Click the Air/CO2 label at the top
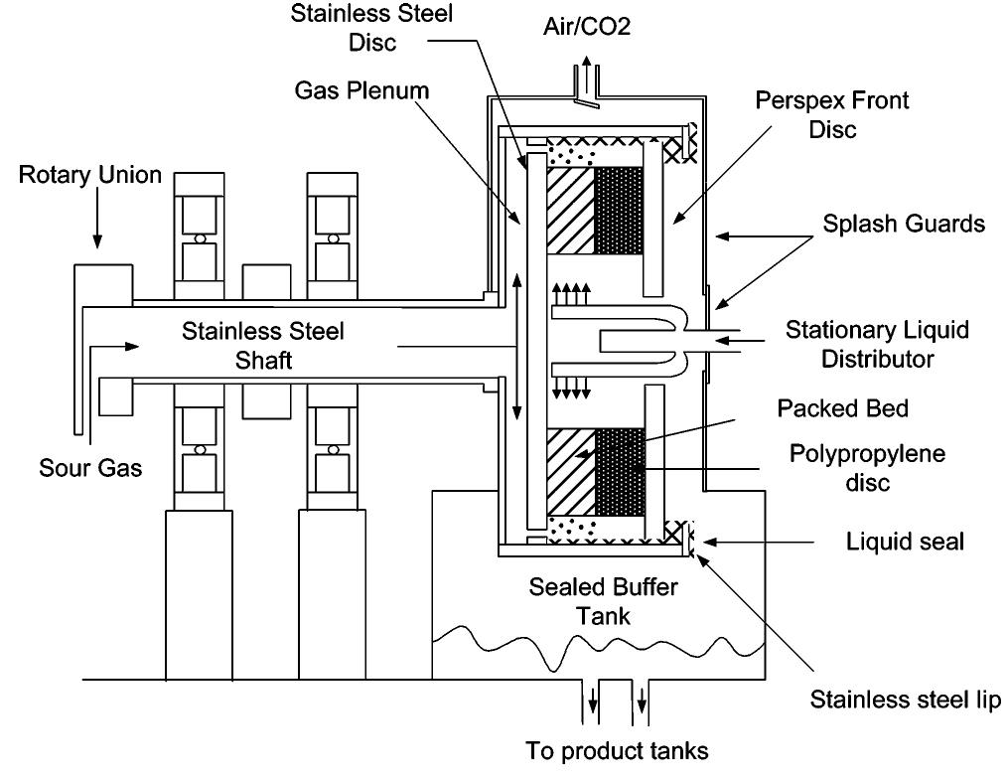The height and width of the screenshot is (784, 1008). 586,27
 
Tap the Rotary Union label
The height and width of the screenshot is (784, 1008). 89,176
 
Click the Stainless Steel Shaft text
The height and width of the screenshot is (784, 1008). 263,345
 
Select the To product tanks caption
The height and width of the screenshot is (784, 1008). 617,750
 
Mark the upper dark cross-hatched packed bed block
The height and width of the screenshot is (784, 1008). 619,210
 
